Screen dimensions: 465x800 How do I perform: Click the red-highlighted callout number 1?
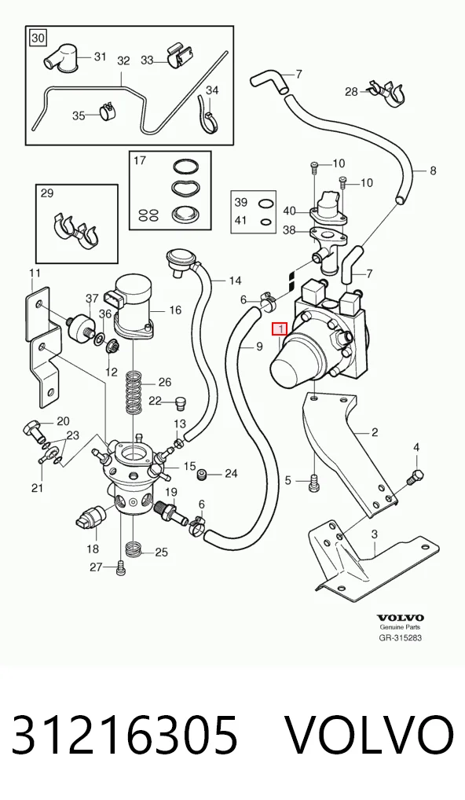pos(280,329)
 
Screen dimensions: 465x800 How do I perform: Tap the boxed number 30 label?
pos(38,38)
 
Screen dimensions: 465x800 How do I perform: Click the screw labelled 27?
pos(120,568)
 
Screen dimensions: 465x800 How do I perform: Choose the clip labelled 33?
pos(180,57)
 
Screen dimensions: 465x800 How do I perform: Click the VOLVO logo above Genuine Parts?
pos(401,618)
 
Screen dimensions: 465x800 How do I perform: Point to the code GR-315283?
pos(401,637)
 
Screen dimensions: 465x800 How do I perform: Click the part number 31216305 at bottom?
pos(124,734)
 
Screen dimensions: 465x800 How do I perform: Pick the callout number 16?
pos(175,310)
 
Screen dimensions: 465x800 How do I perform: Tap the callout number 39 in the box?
pos(240,202)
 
